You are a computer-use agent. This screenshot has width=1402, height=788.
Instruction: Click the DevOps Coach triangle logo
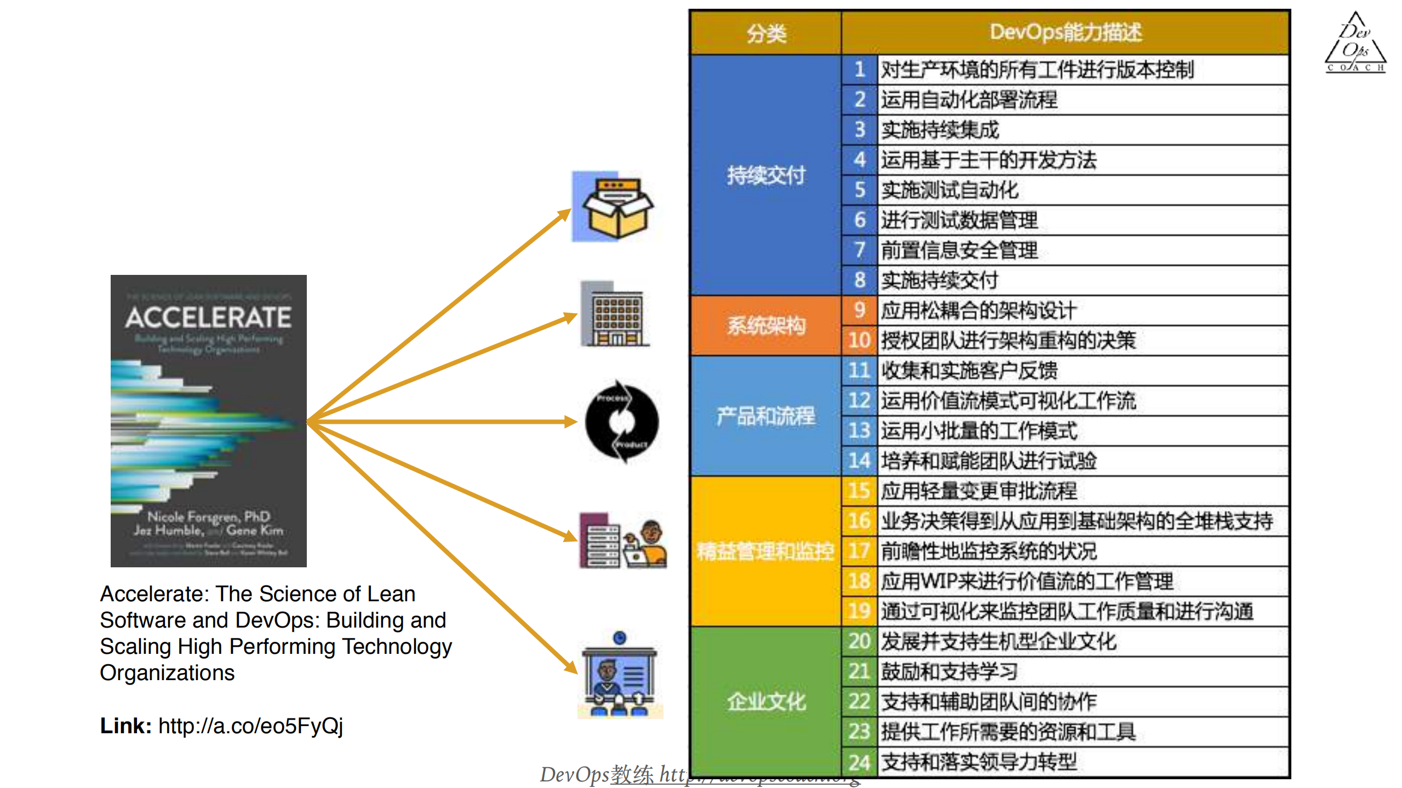coord(1355,44)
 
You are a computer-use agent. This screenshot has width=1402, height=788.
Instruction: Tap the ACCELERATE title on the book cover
coord(208,317)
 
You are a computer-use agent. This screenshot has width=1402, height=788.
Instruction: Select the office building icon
coord(615,315)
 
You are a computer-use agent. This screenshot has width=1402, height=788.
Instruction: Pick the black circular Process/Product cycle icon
coord(621,422)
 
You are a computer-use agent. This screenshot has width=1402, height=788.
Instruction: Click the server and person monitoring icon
coord(623,542)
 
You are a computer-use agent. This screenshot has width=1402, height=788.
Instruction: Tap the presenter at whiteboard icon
coord(620,676)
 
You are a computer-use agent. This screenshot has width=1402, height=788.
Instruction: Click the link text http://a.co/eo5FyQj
coord(250,726)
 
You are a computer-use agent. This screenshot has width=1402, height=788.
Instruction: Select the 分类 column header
coord(765,33)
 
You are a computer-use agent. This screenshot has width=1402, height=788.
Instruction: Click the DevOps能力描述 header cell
coord(1065,32)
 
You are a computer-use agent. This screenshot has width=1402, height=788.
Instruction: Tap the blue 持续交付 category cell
coord(765,175)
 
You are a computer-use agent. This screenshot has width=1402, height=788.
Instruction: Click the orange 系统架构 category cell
coord(765,326)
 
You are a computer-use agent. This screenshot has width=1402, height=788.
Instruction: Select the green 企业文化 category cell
coord(765,701)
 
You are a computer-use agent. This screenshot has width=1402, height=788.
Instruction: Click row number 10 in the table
coord(859,341)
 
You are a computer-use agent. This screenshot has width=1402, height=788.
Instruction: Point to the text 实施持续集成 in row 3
coord(940,130)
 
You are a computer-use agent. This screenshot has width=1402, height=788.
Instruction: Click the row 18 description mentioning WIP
coord(1026,581)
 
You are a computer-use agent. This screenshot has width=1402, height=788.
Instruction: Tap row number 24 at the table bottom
coord(859,762)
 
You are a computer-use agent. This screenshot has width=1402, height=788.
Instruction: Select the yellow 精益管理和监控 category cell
coord(765,551)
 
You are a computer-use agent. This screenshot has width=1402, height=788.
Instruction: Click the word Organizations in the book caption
coord(167,672)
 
